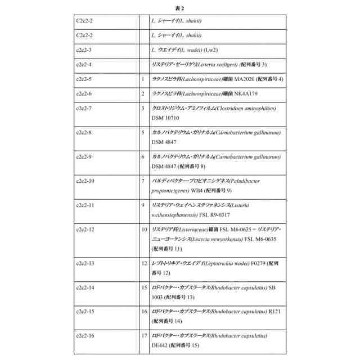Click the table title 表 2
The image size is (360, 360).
point(179,8)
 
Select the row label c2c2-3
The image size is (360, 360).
point(84,50)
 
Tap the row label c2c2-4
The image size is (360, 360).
point(84,65)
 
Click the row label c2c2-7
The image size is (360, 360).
point(84,107)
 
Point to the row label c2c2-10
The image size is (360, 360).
point(85,181)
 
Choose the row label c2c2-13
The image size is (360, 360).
point(85,263)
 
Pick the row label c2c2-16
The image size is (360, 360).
point(85,336)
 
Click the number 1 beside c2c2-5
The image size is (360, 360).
point(143,79)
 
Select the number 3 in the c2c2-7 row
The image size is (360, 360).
point(143,107)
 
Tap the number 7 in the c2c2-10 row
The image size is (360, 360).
point(143,181)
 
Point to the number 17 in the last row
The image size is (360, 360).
point(144,336)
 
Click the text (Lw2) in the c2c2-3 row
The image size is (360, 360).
point(201,50)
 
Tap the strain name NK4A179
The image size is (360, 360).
point(241,93)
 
